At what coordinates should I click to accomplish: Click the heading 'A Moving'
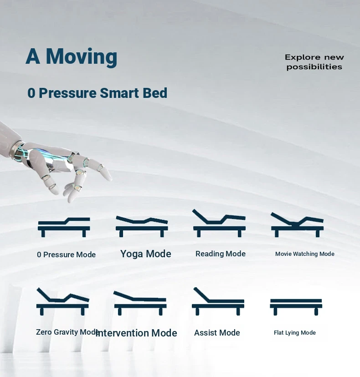tap(72, 57)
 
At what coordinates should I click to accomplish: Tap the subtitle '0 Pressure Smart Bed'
tap(97, 93)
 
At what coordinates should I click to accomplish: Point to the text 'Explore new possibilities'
tap(314, 62)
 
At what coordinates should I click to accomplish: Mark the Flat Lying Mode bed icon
tap(296, 306)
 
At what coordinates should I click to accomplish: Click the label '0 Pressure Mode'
tap(66, 255)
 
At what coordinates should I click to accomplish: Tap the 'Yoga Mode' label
tap(145, 254)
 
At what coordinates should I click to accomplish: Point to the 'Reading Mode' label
tap(221, 254)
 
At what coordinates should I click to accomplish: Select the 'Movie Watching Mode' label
tap(305, 254)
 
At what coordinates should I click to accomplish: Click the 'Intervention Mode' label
tap(136, 333)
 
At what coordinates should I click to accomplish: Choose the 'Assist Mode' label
tap(217, 333)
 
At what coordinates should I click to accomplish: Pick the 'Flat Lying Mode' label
tap(295, 333)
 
